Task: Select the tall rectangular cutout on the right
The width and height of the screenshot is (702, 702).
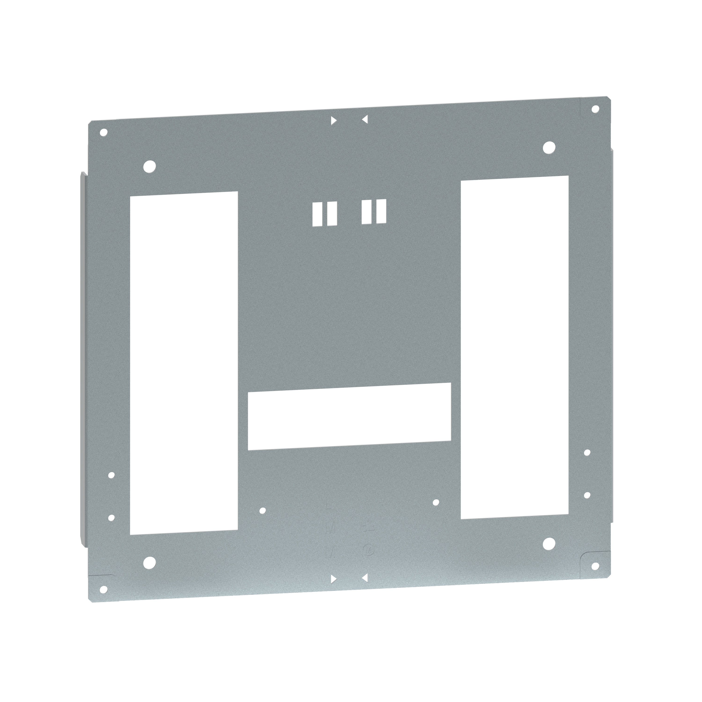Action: pyautogui.click(x=514, y=347)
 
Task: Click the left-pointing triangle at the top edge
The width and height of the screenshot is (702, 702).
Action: pyautogui.click(x=365, y=119)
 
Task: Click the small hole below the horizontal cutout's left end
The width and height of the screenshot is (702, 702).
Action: pyautogui.click(x=263, y=511)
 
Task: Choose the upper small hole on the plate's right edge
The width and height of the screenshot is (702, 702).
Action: pyautogui.click(x=587, y=452)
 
